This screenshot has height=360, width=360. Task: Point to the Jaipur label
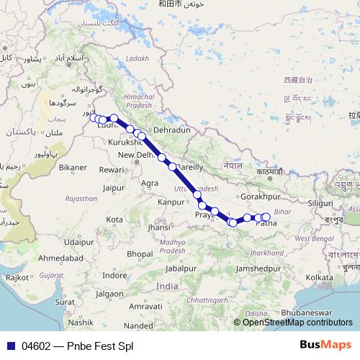point(114,188)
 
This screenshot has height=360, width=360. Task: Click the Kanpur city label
point(171,202)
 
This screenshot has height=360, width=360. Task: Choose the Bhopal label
point(140,253)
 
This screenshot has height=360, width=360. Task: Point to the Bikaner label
point(73,167)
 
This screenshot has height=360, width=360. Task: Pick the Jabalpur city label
point(180,268)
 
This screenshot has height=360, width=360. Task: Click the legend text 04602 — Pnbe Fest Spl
point(78,346)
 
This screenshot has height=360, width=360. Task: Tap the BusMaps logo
point(325,345)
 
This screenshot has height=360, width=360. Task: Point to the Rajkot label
point(17,276)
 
